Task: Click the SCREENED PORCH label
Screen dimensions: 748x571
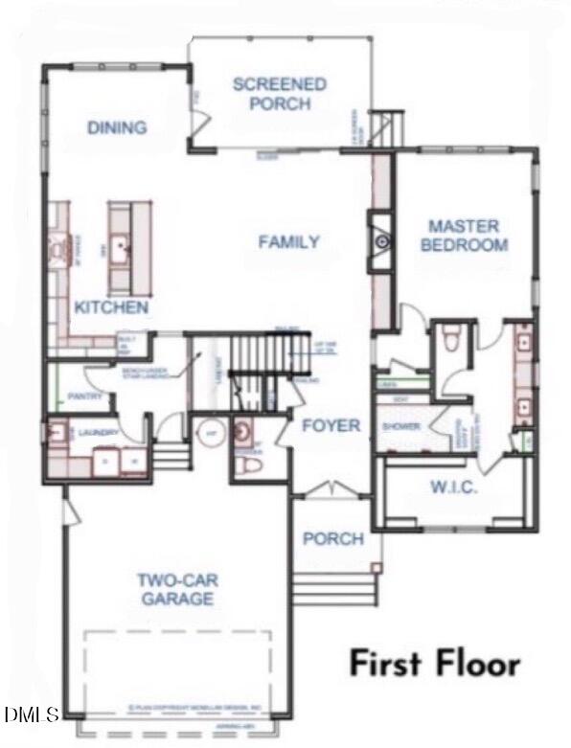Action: (280, 94)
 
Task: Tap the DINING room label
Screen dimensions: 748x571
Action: (117, 127)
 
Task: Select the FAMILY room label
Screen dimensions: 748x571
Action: (289, 242)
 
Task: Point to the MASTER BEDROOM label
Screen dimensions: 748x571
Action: (464, 236)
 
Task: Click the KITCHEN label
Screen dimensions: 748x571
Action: (112, 307)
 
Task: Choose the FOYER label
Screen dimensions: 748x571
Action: (331, 425)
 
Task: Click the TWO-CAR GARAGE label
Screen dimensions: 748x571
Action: (174, 589)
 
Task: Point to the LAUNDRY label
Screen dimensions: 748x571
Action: (99, 433)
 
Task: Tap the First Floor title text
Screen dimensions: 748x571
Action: (434, 664)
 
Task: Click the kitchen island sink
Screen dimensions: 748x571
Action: (122, 250)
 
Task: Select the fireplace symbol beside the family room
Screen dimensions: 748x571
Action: (381, 242)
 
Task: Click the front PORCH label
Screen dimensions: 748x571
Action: (332, 539)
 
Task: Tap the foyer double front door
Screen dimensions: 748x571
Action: (331, 491)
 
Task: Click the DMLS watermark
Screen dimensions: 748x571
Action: (31, 714)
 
